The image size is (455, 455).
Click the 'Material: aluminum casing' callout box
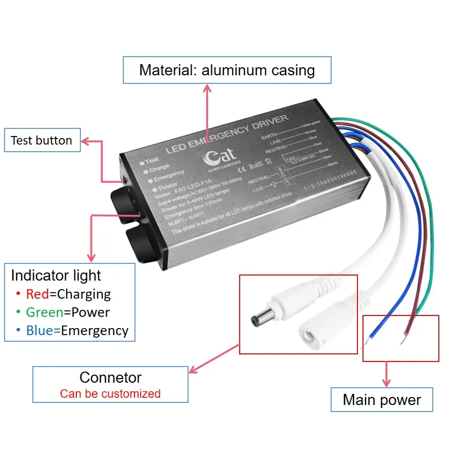tap(227, 70)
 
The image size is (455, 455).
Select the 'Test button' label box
tap(41, 140)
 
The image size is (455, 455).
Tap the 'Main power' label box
tap(382, 400)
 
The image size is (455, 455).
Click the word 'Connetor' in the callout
tap(110, 377)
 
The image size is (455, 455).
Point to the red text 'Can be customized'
tap(110, 393)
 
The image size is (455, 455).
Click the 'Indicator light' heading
tap(56, 276)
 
